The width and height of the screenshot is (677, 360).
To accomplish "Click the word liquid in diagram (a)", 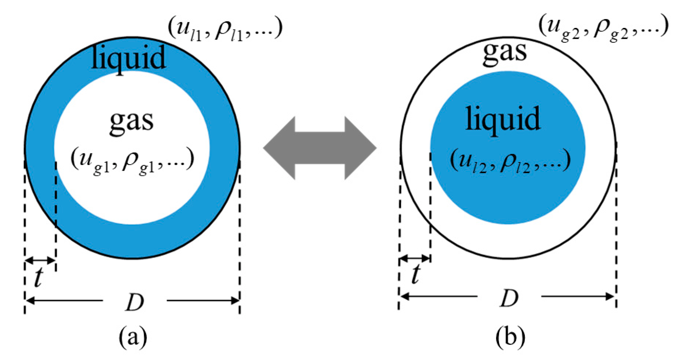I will (x=128, y=58).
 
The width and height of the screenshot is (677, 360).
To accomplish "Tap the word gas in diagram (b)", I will (x=505, y=52).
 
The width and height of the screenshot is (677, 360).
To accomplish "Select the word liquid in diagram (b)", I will (x=503, y=119).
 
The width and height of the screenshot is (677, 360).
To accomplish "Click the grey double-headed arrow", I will (x=320, y=148).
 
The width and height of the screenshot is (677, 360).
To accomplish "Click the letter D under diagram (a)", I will (x=135, y=302).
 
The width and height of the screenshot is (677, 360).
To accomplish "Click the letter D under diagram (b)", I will (x=509, y=298).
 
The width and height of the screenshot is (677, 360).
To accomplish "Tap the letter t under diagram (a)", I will (x=38, y=278).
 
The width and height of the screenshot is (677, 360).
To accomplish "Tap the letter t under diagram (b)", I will (x=416, y=274).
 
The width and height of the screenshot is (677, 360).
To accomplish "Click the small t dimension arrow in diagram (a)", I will (x=40, y=260).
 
